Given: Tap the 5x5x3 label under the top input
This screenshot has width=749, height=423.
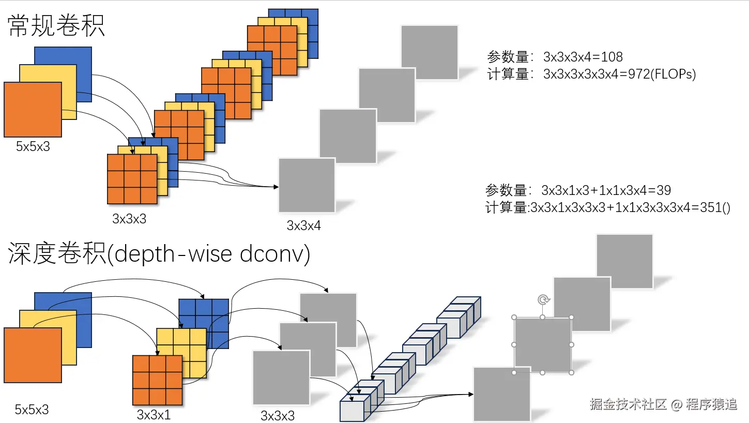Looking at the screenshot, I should pyautogui.click(x=33, y=146).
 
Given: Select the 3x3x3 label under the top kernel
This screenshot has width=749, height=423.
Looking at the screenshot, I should pyautogui.click(x=129, y=219).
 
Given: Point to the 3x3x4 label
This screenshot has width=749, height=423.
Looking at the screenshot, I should pyautogui.click(x=304, y=225).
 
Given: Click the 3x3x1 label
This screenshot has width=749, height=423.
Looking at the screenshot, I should pyautogui.click(x=154, y=415).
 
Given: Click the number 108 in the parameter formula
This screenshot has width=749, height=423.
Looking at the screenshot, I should pyautogui.click(x=612, y=57).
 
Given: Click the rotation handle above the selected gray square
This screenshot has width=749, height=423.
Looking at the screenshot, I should pyautogui.click(x=543, y=299).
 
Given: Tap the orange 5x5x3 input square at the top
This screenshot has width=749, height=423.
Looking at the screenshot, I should pyautogui.click(x=33, y=109).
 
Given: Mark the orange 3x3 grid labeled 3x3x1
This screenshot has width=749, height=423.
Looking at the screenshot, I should pyautogui.click(x=157, y=380).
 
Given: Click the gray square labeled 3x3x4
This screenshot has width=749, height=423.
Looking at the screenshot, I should pyautogui.click(x=307, y=185).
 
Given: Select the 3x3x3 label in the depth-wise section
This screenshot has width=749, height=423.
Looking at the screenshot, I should pyautogui.click(x=278, y=416).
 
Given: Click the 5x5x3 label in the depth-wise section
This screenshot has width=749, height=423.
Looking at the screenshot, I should pyautogui.click(x=32, y=410).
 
